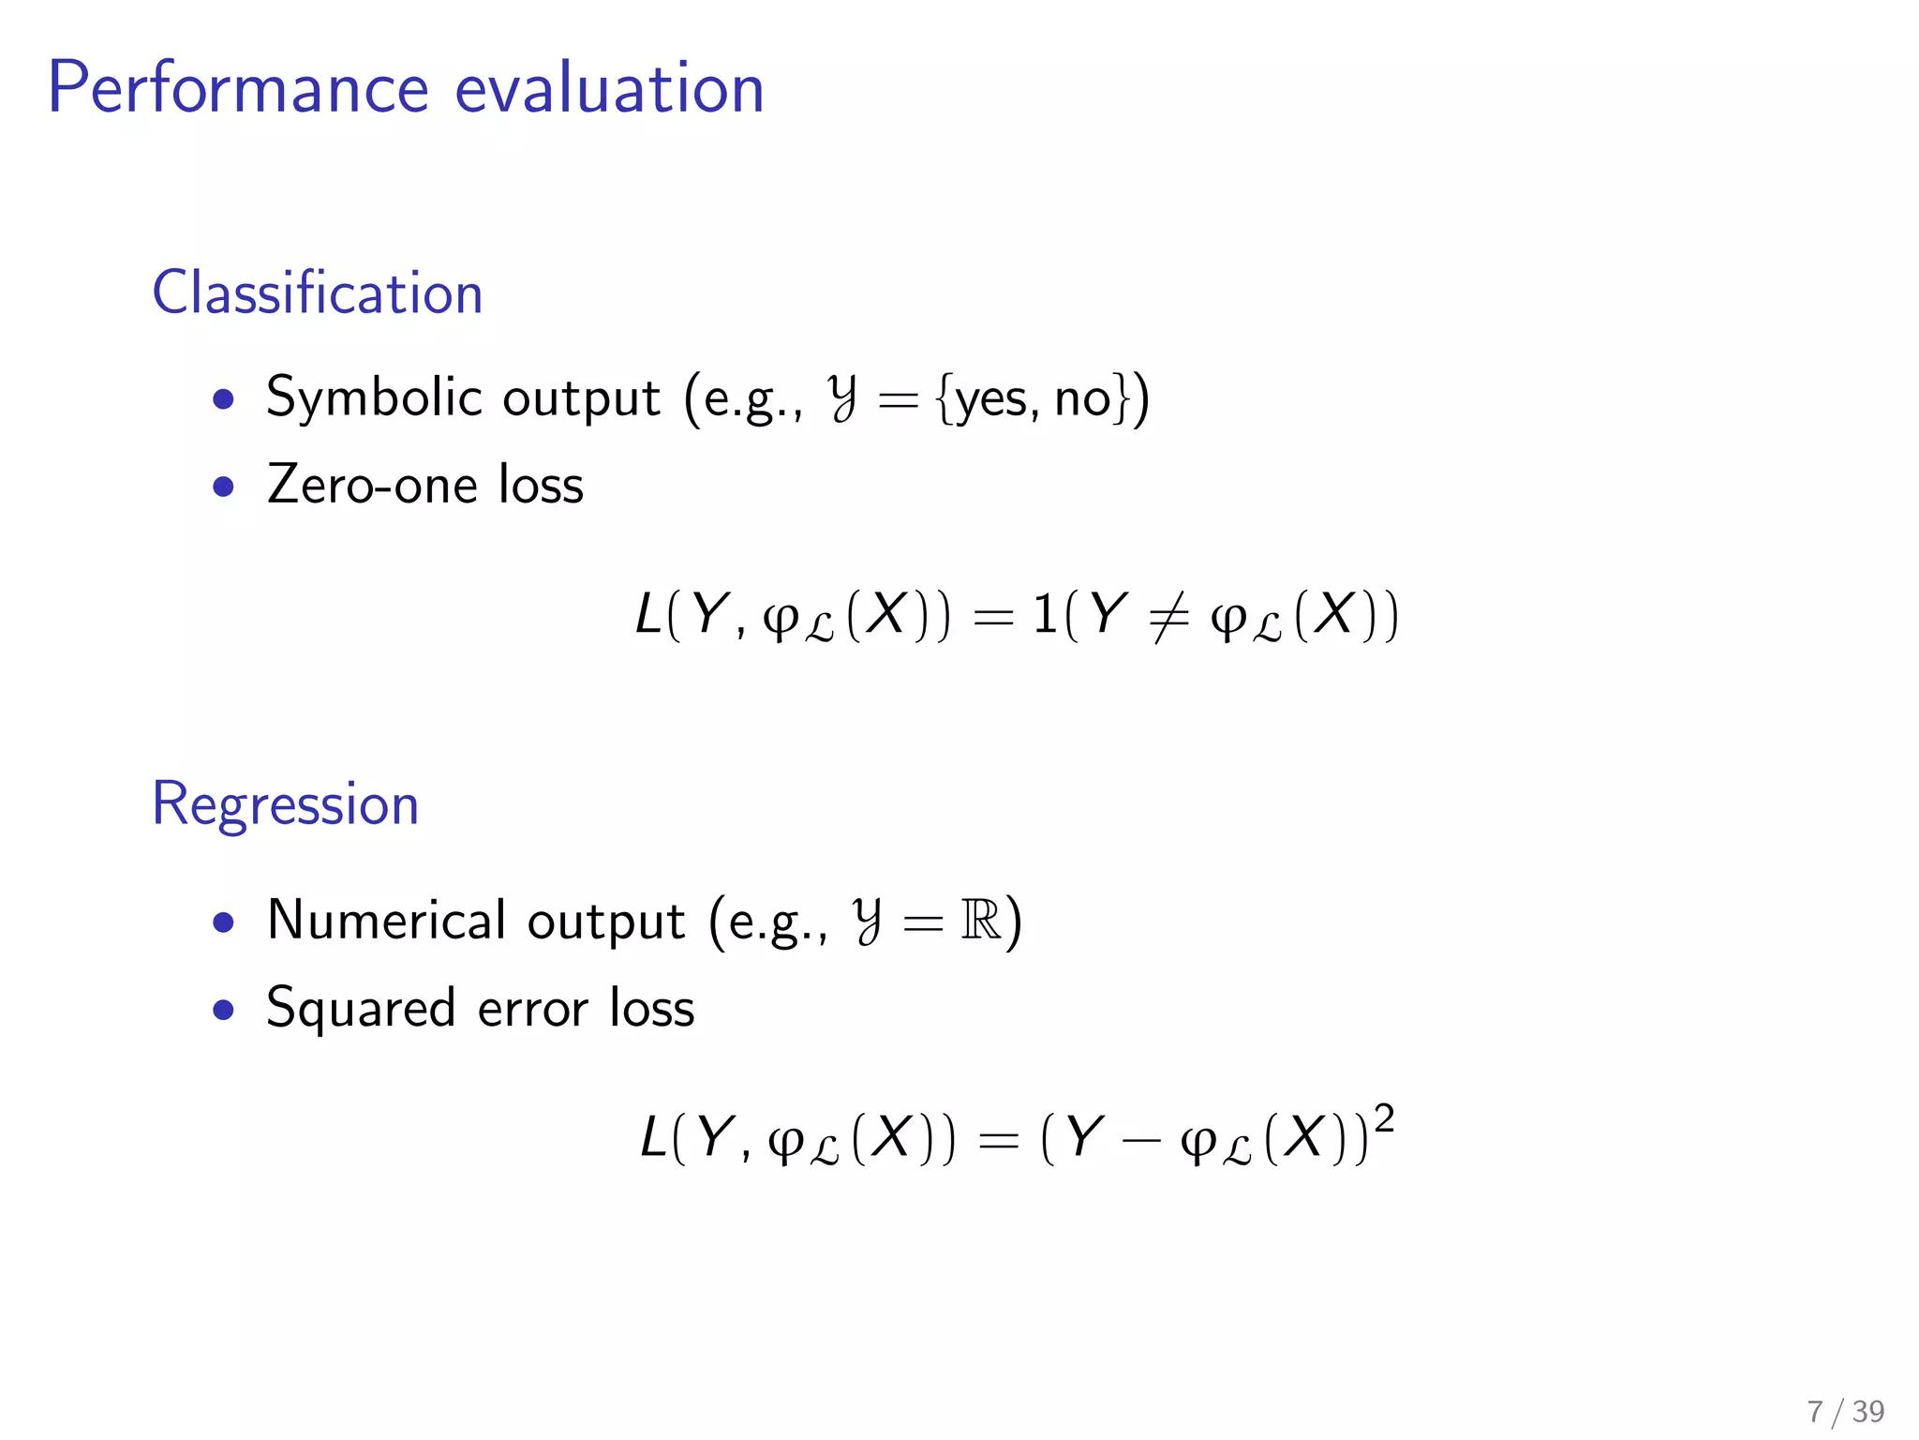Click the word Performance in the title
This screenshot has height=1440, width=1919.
(x=238, y=88)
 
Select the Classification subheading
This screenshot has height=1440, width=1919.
(x=318, y=292)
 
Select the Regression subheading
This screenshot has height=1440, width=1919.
(x=285, y=804)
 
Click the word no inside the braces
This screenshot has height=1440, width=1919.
(x=1082, y=400)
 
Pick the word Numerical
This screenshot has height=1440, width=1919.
(x=386, y=921)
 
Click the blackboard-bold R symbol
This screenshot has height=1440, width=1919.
(x=980, y=921)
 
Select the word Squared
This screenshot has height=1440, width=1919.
(x=361, y=1010)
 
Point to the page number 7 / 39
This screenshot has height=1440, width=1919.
(x=1845, y=1411)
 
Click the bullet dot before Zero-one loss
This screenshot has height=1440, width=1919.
(x=223, y=487)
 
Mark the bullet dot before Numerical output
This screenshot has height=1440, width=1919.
(x=223, y=922)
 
